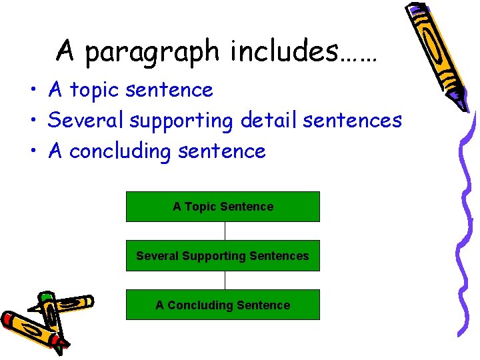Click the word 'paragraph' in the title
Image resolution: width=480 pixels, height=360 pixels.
(x=152, y=51)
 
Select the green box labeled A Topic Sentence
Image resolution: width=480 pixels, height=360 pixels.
(x=223, y=207)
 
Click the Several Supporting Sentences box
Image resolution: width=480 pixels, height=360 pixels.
(x=223, y=256)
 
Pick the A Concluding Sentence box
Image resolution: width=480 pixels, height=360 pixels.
(x=223, y=305)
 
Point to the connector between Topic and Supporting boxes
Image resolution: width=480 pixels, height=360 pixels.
(x=225, y=231)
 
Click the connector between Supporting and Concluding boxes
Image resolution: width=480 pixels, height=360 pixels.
(x=225, y=280)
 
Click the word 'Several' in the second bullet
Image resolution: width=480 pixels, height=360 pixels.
(x=87, y=121)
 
